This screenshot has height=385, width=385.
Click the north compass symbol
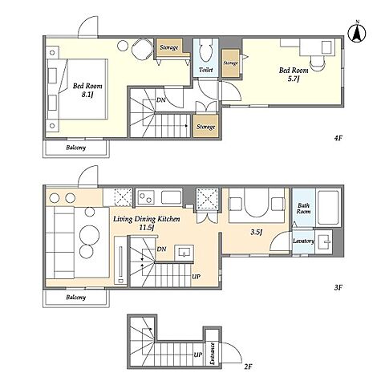357,33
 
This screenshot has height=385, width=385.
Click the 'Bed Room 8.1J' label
87,90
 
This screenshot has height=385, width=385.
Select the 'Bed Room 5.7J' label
294,75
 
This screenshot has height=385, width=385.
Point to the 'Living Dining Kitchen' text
147,219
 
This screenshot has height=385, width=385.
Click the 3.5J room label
256,232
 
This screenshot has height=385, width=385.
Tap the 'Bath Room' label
304,209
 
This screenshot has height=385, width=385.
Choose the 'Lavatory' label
303,241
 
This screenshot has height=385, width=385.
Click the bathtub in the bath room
328,207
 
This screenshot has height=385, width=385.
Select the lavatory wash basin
323,241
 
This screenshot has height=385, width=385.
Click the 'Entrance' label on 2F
213,354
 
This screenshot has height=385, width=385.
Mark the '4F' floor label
338,138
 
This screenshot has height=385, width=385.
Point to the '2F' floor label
248,366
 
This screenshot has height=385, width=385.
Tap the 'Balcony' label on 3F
76,297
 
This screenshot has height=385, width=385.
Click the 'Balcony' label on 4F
76,148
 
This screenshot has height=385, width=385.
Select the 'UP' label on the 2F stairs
198,355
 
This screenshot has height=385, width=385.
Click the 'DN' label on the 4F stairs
160,100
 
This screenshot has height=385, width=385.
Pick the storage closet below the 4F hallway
205,126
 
